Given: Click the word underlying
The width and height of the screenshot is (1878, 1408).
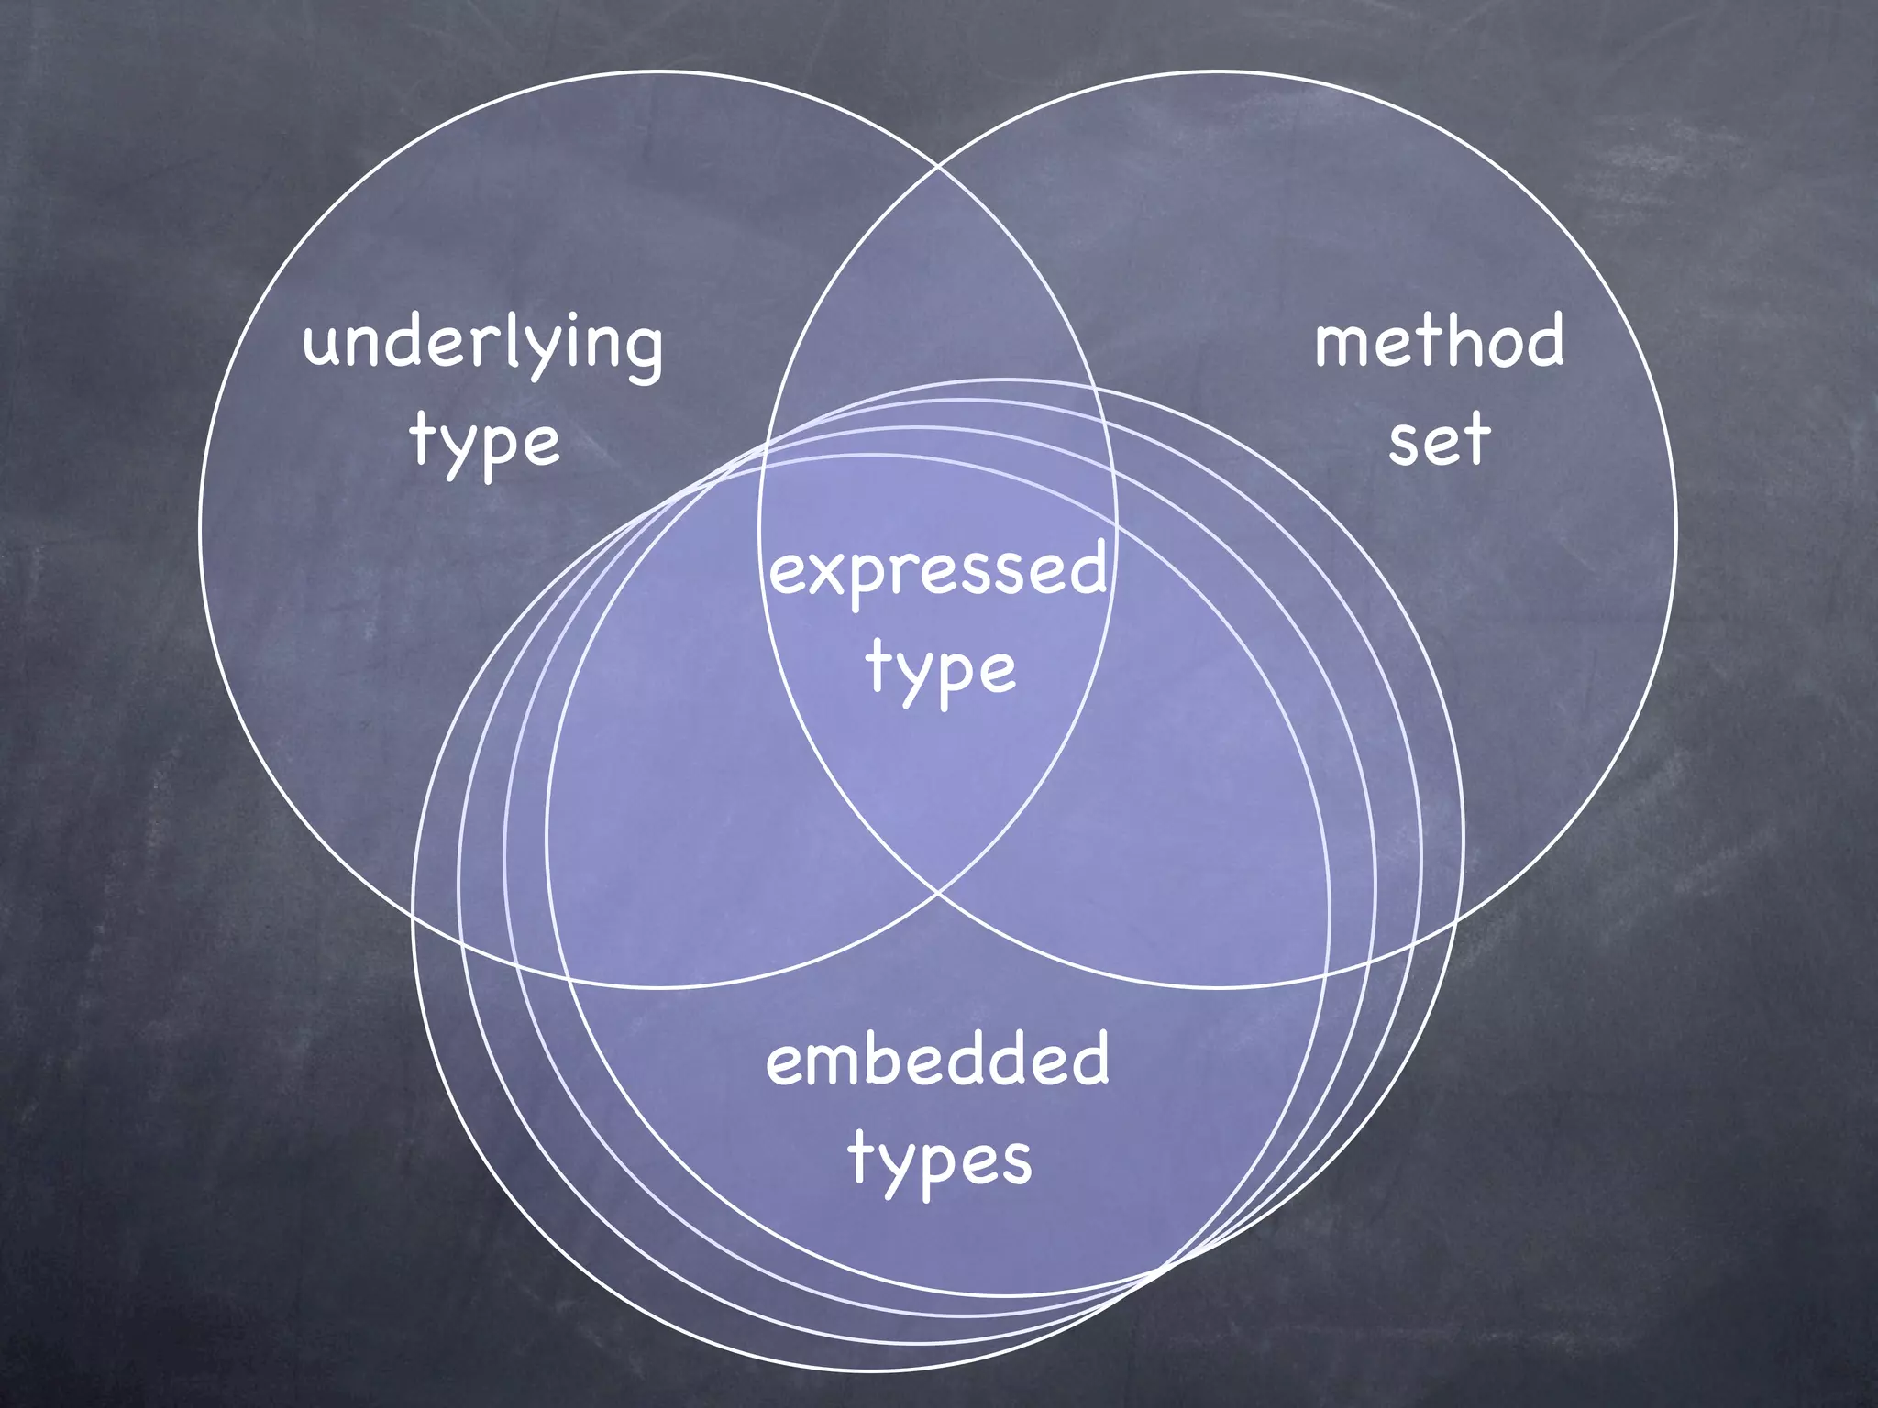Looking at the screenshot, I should pyautogui.click(x=482, y=344).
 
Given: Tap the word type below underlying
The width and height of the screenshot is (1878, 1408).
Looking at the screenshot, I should pyautogui.click(x=484, y=442).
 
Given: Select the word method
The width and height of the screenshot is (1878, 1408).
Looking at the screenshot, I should pyautogui.click(x=1439, y=340).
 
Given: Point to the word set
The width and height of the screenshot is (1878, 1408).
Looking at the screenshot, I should pyautogui.click(x=1438, y=439).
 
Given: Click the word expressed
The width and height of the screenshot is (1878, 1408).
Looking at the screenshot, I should pyautogui.click(x=937, y=569).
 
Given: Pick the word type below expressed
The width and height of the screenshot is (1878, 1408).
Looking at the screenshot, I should pyautogui.click(x=940, y=668).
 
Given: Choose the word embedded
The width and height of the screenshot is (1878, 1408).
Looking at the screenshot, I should pyautogui.click(x=937, y=1059).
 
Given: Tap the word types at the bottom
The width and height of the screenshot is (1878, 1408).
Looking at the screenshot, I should pyautogui.click(x=940, y=1158).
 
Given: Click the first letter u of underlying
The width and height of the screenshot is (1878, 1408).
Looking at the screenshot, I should pyautogui.click(x=324, y=346).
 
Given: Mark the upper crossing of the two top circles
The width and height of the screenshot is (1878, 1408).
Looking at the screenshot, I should pyautogui.click(x=938, y=167).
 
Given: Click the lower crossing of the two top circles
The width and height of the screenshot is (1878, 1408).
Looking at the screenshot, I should pyautogui.click(x=938, y=890).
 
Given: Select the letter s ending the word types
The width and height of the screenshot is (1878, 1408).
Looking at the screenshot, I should pyautogui.click(x=1015, y=1162).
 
